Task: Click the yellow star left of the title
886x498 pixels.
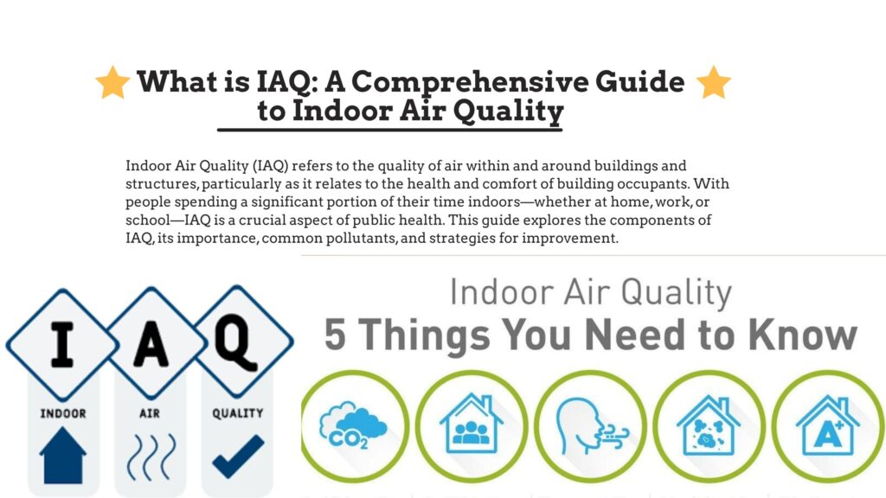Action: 113,82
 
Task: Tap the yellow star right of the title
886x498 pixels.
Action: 713,82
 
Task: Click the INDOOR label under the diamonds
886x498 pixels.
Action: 63,414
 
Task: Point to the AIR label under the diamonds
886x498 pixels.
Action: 150,414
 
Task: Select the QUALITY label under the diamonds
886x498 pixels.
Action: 238,414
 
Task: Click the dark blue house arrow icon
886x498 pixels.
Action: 63,455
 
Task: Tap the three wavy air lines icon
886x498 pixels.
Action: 150,456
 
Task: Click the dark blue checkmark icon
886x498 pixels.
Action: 238,456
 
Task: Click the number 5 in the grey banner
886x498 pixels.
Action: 336,335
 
